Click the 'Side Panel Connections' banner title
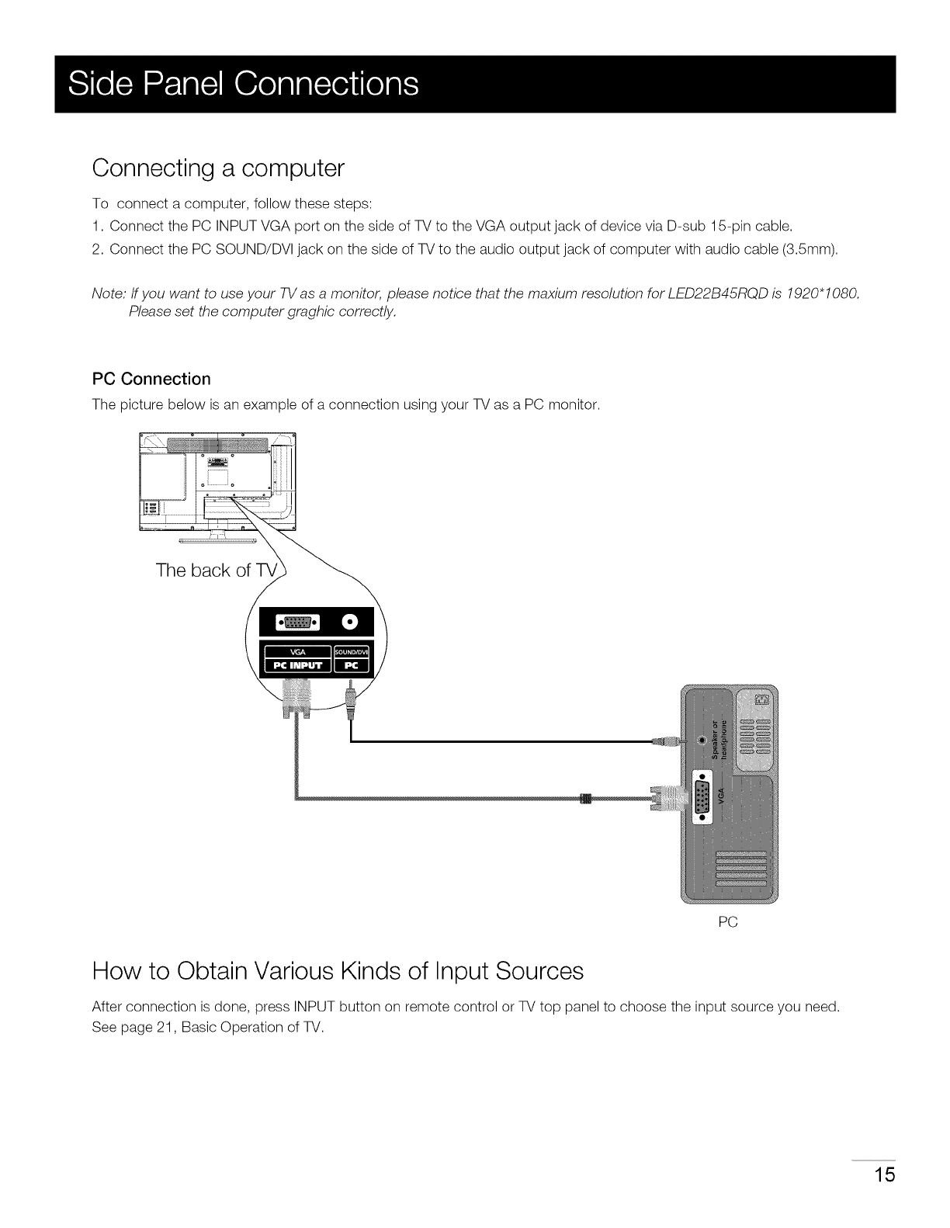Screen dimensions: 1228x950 [243, 84]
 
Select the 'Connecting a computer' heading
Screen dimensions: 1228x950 [217, 168]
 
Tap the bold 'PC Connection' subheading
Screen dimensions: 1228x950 [151, 379]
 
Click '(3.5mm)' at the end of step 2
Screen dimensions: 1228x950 [815, 249]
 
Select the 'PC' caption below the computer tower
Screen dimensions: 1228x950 [727, 922]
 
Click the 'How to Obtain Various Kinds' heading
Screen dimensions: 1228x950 [337, 971]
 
